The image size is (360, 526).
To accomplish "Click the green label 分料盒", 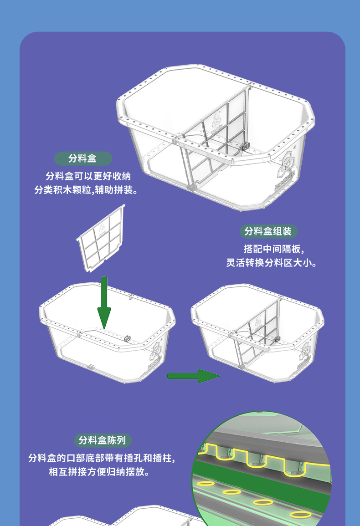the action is pos(83,158).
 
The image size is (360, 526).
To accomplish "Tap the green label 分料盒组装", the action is pos(268,231).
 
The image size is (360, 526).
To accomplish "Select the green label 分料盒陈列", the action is pos(103,440).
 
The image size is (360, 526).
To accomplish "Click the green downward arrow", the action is pos(104,302).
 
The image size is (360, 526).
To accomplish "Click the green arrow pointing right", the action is pos(193,376).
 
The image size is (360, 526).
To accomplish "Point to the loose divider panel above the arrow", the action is pos(101,238).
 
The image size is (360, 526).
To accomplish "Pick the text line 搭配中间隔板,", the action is pos(274,249).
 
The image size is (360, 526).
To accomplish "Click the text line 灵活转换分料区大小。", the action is pos(271,263).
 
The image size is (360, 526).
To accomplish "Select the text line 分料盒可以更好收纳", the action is pos(88,176).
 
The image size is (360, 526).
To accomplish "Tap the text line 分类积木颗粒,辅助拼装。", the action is pos(86,190).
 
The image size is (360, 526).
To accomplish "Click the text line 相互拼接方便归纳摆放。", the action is pos(99,472).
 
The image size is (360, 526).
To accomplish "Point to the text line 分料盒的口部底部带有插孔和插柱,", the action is pos(102,458).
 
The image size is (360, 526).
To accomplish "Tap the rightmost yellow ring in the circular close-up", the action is pos(300,514).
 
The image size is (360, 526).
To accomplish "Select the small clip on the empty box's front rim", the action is pos(127,338).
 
